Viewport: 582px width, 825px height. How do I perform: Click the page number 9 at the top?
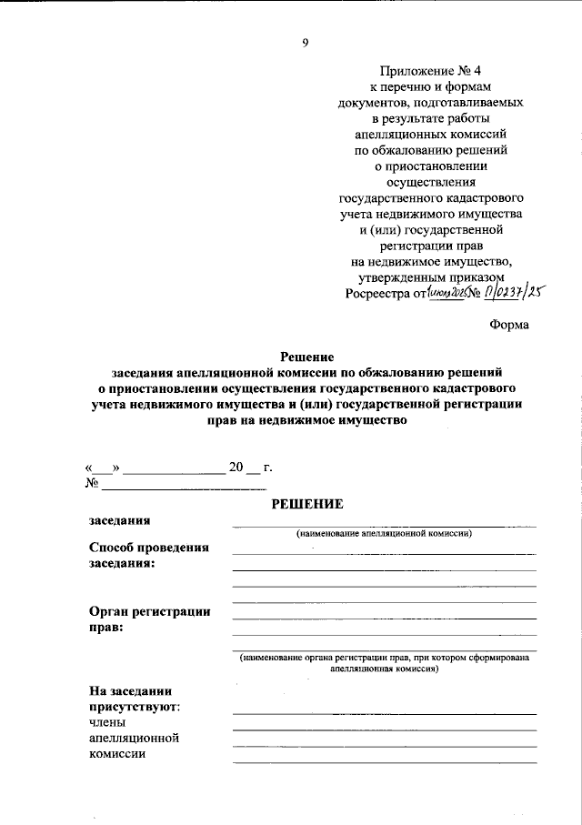(306, 41)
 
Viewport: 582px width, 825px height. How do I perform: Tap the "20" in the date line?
(237, 468)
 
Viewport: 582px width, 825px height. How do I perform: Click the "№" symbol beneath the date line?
(92, 483)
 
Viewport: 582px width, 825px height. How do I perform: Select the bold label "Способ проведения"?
(149, 548)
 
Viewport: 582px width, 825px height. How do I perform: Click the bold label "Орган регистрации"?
(149, 611)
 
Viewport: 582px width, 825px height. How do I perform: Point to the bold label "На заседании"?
(130, 689)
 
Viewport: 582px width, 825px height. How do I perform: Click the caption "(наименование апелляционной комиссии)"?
(383, 534)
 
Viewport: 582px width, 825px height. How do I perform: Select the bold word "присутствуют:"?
(134, 705)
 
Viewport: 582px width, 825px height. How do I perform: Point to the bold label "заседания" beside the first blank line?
(119, 520)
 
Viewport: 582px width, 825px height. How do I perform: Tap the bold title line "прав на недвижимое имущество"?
(306, 420)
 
